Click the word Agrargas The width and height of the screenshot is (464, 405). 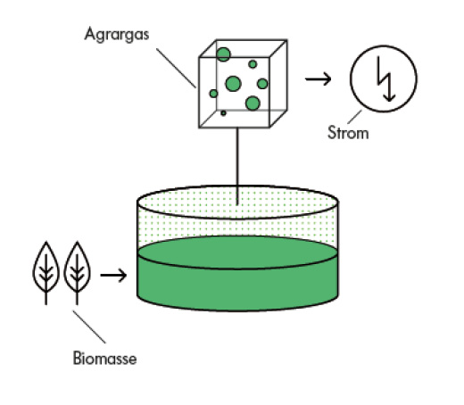pyautogui.click(x=117, y=35)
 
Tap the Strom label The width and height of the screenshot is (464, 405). pyautogui.click(x=348, y=132)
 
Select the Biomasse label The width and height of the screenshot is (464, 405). pyautogui.click(x=105, y=358)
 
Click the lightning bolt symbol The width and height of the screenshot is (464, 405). pyautogui.click(x=385, y=79)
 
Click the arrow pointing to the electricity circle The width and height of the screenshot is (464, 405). pyautogui.click(x=318, y=79)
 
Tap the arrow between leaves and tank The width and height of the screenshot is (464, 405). pyautogui.click(x=113, y=275)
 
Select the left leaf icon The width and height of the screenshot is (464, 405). pyautogui.click(x=46, y=273)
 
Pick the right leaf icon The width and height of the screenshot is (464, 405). pyautogui.click(x=77, y=273)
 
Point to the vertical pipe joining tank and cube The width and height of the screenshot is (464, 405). pyautogui.click(x=237, y=166)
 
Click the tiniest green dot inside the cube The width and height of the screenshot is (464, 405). pyautogui.click(x=223, y=113)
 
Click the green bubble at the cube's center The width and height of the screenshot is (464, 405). pyautogui.click(x=233, y=84)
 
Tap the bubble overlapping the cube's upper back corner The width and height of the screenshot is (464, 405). pyautogui.click(x=223, y=54)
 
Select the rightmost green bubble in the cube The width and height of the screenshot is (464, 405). pyautogui.click(x=262, y=84)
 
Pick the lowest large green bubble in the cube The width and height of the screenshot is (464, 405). pyautogui.click(x=253, y=103)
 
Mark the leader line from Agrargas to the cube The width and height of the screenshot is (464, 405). pyautogui.click(x=176, y=68)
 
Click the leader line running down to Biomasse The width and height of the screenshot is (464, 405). pyautogui.click(x=89, y=326)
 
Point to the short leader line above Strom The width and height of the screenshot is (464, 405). pyautogui.click(x=354, y=117)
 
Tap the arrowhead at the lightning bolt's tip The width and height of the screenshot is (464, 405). pyautogui.click(x=389, y=97)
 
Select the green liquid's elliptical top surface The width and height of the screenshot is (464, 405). pyautogui.click(x=237, y=252)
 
